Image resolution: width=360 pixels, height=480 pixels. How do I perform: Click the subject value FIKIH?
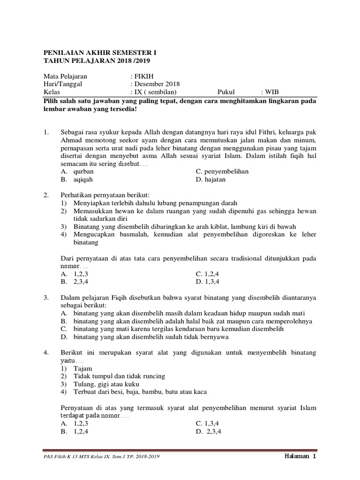point(143,76)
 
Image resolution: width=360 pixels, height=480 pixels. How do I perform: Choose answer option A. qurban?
point(77,172)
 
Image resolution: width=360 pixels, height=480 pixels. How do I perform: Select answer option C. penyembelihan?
point(222,172)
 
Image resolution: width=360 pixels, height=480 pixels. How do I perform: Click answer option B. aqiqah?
point(77,180)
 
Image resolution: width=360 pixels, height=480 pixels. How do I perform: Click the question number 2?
point(46,195)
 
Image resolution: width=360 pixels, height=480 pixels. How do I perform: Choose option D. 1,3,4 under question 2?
point(208,281)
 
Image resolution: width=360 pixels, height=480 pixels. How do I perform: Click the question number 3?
point(46,297)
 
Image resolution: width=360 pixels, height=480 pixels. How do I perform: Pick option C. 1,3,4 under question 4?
point(208,423)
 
